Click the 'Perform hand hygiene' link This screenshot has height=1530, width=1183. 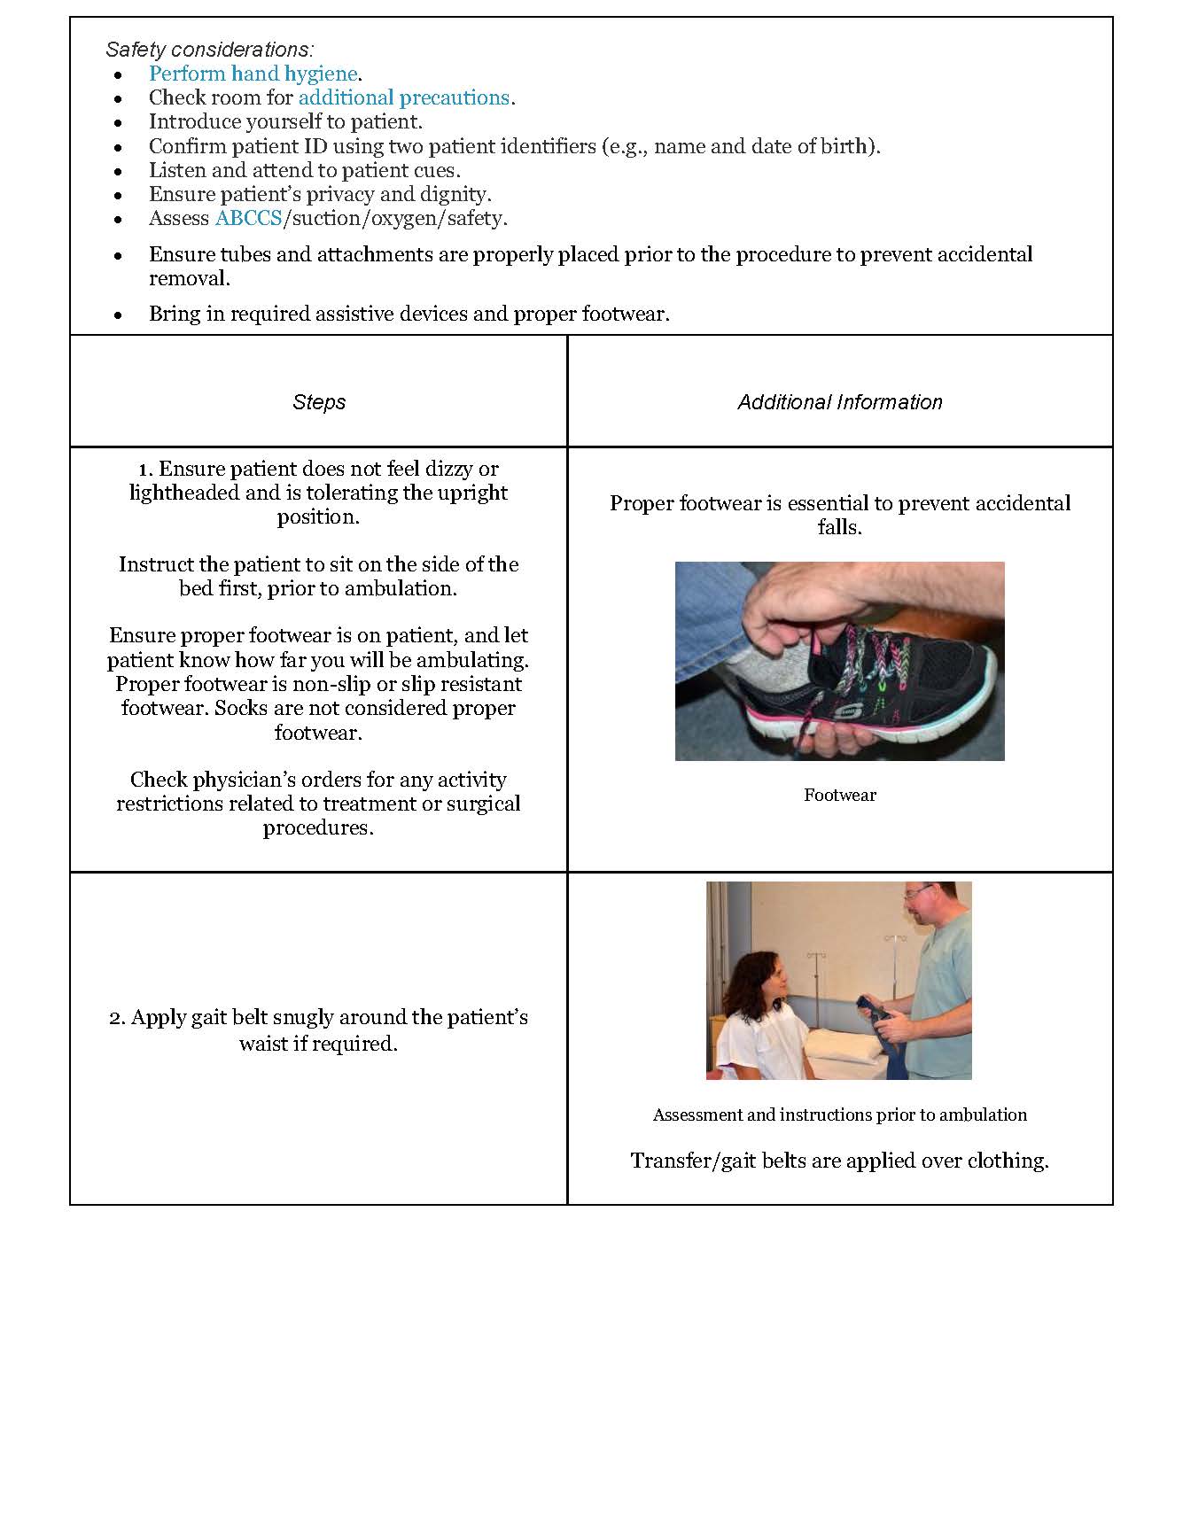(x=253, y=74)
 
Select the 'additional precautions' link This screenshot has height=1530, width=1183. (x=404, y=97)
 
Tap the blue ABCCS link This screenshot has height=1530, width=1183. (x=248, y=218)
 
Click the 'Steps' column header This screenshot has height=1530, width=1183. (x=319, y=402)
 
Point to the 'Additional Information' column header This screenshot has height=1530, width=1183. (x=839, y=402)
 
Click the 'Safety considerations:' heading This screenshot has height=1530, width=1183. (x=209, y=50)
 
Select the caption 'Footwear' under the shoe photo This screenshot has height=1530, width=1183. (x=839, y=795)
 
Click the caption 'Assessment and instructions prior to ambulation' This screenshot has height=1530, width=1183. (x=839, y=1114)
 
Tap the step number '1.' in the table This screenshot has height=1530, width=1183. (x=146, y=469)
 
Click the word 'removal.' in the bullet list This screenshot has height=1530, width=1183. (x=189, y=278)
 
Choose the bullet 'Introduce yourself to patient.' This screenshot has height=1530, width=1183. (x=285, y=121)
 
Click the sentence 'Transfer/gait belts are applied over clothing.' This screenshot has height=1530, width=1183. (x=839, y=1161)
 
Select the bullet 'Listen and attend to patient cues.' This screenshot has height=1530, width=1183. (x=304, y=170)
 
